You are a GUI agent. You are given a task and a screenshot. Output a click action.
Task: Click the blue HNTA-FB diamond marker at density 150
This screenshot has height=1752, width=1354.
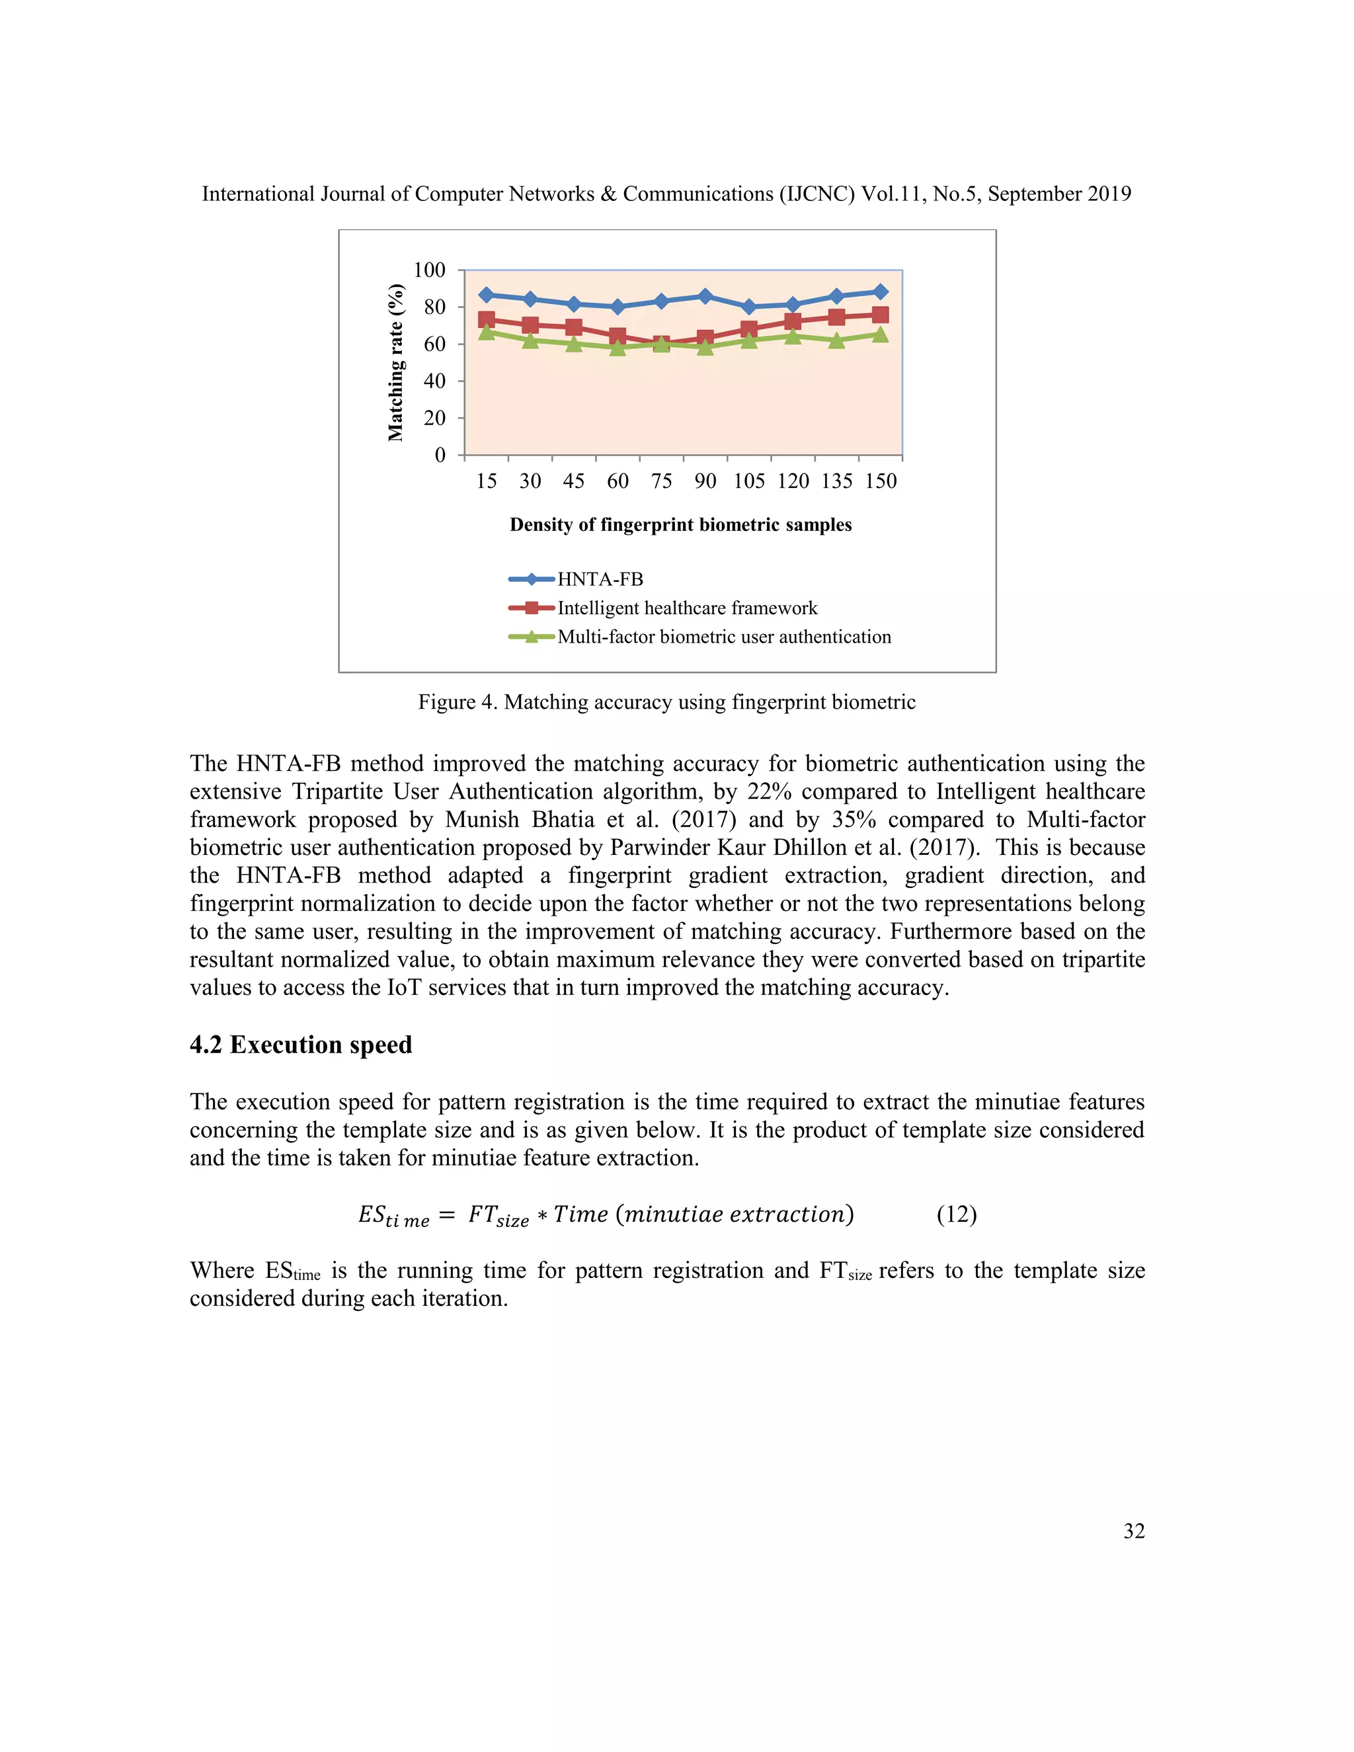tap(880, 292)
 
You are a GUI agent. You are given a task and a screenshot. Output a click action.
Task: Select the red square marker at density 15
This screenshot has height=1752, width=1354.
tap(486, 319)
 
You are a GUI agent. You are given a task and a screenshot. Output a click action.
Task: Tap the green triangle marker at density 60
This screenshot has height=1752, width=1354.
tap(617, 347)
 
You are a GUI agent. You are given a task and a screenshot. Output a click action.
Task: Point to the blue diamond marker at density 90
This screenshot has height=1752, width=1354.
tap(705, 296)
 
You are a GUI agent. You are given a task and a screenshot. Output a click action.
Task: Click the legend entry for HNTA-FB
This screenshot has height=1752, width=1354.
tap(600, 579)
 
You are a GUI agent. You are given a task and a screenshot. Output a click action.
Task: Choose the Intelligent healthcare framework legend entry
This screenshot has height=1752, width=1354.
tap(687, 608)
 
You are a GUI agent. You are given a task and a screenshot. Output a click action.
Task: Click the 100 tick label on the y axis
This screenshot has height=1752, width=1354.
tap(429, 270)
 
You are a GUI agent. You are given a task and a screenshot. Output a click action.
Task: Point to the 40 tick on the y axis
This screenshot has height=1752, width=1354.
tap(434, 381)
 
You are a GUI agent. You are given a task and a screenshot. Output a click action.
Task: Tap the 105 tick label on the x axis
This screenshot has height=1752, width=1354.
tap(748, 481)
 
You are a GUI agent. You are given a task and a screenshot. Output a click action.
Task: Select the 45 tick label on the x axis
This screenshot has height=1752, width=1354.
tap(573, 481)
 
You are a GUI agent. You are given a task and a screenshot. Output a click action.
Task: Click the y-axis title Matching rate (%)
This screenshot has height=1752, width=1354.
tap(395, 362)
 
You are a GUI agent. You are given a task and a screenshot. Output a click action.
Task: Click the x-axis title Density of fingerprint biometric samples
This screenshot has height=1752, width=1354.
tap(680, 525)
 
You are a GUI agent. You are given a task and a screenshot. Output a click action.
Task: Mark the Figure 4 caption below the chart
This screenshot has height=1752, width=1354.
tap(666, 702)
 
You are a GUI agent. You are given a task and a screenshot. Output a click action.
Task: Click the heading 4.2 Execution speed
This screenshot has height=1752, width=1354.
tap(301, 1045)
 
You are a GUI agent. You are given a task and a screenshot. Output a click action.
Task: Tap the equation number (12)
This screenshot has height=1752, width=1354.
tap(956, 1214)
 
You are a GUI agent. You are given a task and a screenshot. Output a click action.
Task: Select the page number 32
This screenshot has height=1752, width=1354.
tap(1133, 1531)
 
